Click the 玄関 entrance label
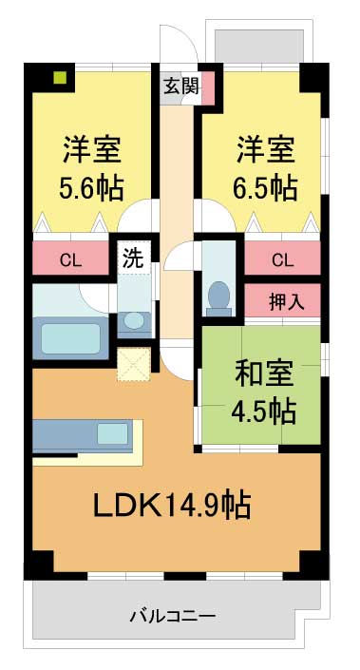point(182,87)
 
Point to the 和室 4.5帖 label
point(263,392)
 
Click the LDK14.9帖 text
point(172,506)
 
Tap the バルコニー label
point(173,616)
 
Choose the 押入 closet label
point(287,302)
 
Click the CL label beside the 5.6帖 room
point(70,259)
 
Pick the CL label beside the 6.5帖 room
point(282,259)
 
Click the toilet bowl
point(218,296)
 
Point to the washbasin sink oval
point(134,320)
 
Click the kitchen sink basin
point(113,433)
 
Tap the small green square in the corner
point(60,77)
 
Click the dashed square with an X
point(134,364)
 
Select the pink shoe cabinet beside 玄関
point(208,87)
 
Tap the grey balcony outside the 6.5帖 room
point(259,46)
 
